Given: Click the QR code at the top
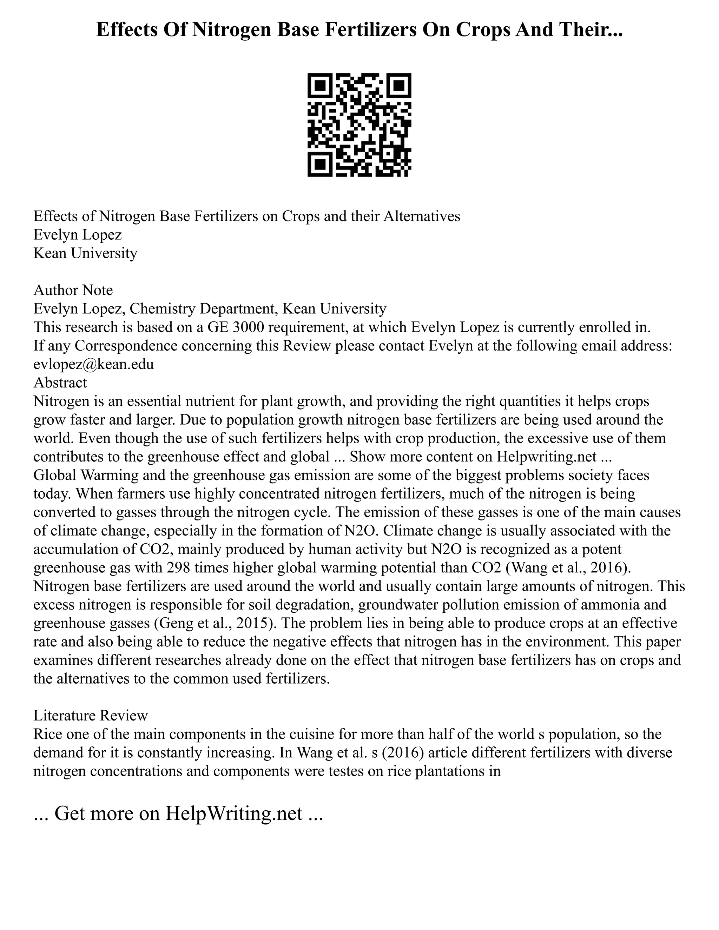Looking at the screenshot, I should (359, 125).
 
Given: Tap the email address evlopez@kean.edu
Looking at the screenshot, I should (93, 364).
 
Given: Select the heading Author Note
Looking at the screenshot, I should (73, 290).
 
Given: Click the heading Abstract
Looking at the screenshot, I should (60, 383).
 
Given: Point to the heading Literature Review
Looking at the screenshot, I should (90, 715).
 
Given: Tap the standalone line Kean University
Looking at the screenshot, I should (85, 253).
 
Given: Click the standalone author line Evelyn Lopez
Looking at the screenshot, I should (78, 235).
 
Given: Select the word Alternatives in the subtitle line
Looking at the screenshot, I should (422, 216).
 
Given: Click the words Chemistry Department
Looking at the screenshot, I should (204, 308).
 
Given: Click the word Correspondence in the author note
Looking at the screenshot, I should (126, 345).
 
